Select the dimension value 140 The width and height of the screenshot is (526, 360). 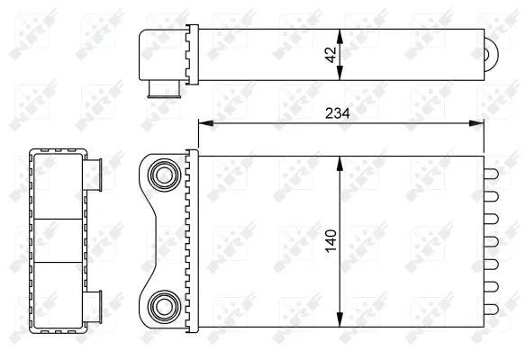pos(331,240)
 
